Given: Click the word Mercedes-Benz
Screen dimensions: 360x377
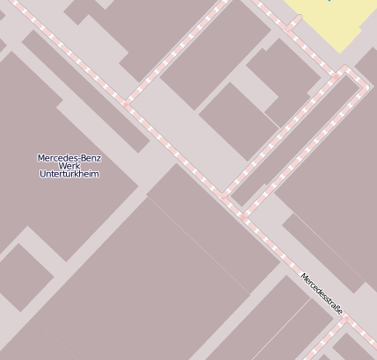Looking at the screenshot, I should tap(69, 158).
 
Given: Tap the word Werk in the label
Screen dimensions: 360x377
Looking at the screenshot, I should tap(69, 166).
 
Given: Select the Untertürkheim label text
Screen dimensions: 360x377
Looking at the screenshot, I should tap(69, 174).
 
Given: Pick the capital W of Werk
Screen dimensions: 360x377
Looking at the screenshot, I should tap(62, 166).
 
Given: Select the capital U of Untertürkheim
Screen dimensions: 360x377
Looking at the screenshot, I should tap(43, 174).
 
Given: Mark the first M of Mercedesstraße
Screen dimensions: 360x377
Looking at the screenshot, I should tap(304, 277).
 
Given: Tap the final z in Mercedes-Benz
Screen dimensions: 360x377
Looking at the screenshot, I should tap(99, 158).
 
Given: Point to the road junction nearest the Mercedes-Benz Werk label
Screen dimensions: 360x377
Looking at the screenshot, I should tap(128, 104).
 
